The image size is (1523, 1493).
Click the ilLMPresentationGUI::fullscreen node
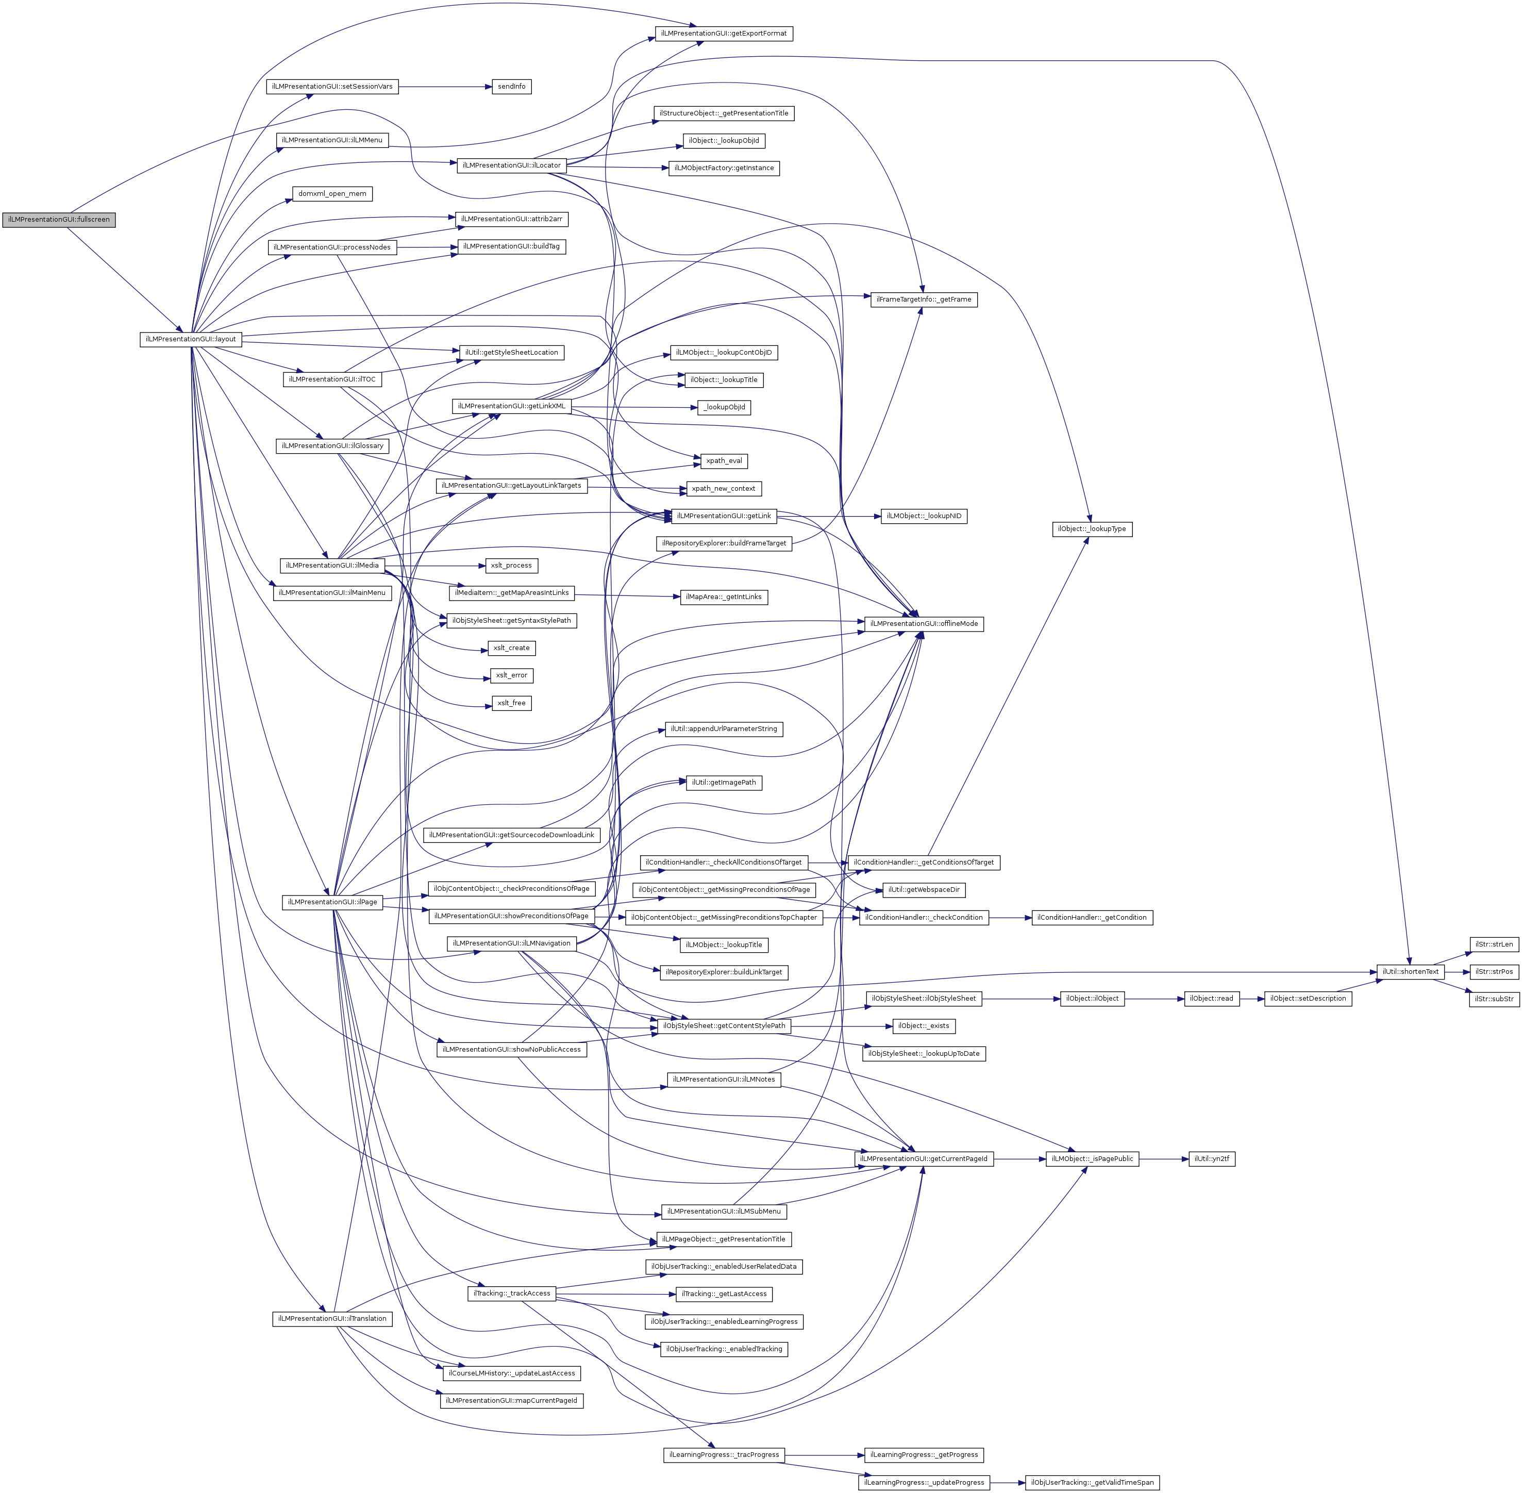(59, 220)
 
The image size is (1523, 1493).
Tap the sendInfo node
(511, 86)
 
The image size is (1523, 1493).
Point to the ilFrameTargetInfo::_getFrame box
(924, 300)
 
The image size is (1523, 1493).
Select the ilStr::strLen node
(1494, 944)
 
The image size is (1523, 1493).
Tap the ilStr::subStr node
(1494, 999)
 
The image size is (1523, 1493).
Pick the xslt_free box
(511, 703)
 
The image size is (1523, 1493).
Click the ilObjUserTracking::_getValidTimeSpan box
(1092, 1483)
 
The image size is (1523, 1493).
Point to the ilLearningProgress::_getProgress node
(924, 1455)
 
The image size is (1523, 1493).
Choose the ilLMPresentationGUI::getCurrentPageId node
(924, 1159)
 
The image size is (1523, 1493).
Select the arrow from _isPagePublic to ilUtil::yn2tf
(1163, 1159)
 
